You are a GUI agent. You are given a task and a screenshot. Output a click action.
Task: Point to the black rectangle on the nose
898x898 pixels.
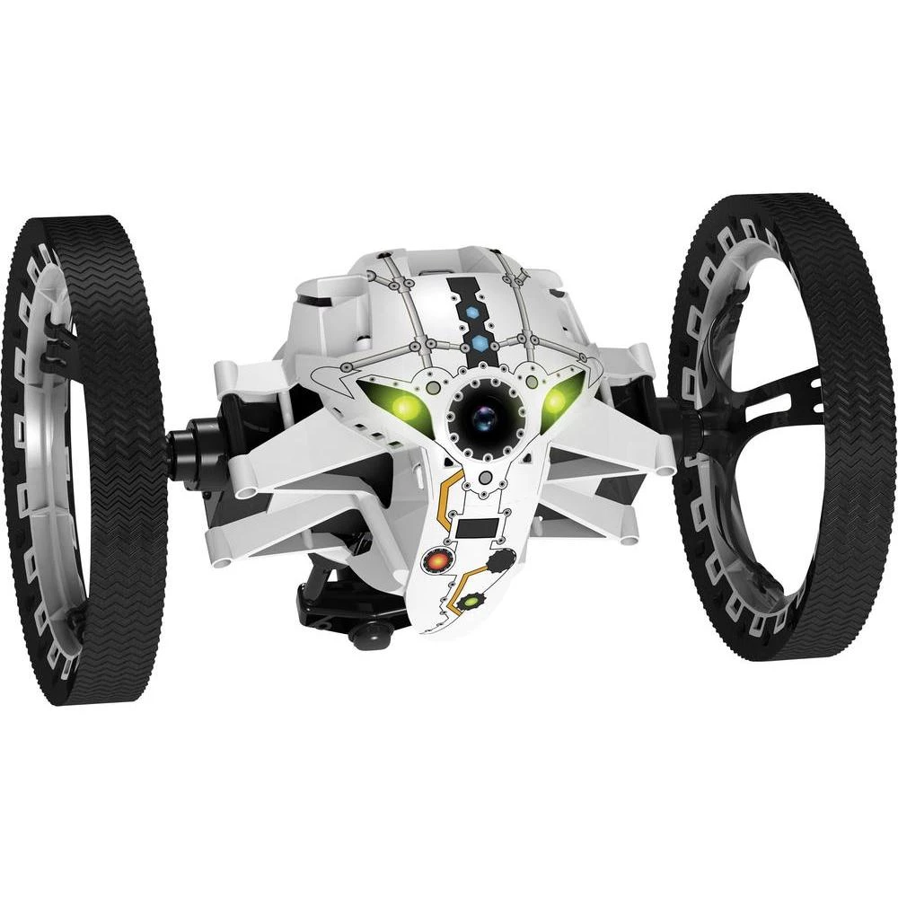click(475, 529)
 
